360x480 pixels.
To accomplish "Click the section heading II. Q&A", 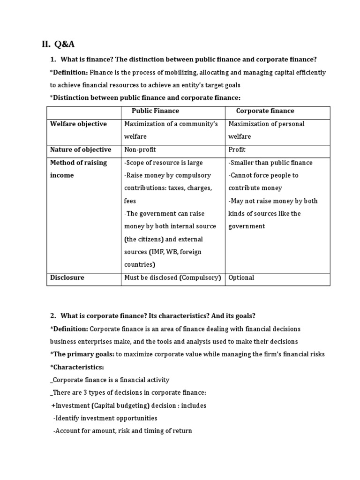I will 58,45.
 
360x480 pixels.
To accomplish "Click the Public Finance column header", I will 155,111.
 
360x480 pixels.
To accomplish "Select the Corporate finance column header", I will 265,111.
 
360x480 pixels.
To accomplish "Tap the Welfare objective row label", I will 78,124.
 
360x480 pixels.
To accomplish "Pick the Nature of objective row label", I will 81,150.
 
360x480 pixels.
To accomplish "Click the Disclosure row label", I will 67,277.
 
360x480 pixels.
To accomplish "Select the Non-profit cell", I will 140,150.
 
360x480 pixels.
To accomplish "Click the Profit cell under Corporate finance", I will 237,150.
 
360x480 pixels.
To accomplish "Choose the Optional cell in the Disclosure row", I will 241,277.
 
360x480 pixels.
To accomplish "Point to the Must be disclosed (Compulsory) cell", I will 172,277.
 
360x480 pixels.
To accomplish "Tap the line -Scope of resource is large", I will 163,163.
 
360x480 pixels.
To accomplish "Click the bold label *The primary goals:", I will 82,354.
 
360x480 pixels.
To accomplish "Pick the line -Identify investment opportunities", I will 105,418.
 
